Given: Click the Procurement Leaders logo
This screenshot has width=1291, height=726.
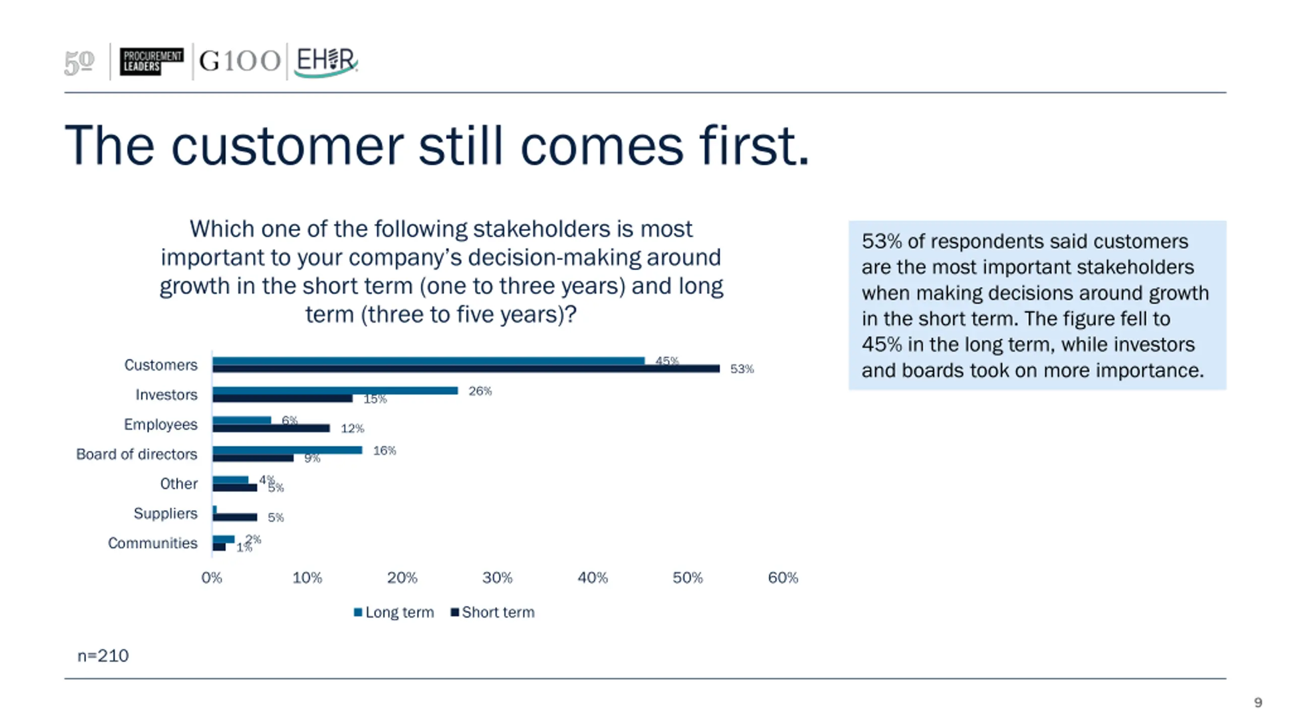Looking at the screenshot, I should (151, 61).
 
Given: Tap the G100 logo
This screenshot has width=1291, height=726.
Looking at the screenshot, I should (240, 61).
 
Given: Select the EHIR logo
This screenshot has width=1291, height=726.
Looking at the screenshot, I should (326, 62).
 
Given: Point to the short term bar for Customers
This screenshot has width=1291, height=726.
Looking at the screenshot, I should (465, 369).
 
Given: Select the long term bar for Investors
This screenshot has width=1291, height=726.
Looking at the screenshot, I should (335, 391).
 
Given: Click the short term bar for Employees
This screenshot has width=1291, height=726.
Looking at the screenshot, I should (271, 428).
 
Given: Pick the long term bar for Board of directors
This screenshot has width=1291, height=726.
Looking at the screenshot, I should (287, 450).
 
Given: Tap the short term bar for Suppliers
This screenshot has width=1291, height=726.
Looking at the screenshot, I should (234, 517).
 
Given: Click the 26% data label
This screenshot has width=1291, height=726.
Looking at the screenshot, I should (480, 391).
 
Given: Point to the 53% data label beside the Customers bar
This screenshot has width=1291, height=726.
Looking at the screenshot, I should (742, 369).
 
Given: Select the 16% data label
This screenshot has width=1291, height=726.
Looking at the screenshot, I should (384, 451).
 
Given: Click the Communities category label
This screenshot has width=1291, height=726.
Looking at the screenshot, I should (152, 543).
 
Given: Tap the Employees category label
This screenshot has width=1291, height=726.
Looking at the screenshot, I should (160, 425).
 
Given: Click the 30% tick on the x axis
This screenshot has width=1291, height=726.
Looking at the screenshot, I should (497, 578).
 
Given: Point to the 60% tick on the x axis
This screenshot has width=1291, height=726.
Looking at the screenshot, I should (783, 578).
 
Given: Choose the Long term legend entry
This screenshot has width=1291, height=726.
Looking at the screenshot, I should (394, 612).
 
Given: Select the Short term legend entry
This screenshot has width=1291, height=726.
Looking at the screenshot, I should (493, 612).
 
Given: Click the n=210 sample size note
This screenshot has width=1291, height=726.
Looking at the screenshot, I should (103, 655).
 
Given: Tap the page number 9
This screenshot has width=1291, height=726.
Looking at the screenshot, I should (1258, 702).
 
